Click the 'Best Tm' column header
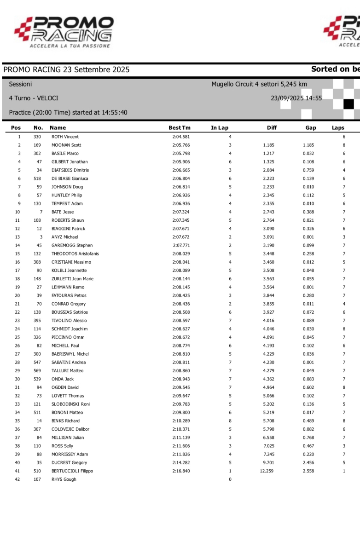point(179,128)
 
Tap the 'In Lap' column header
point(220,128)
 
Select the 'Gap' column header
point(311,128)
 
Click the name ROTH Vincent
point(65,137)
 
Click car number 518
point(37,179)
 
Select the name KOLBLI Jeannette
point(69,271)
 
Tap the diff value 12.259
point(267,471)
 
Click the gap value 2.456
point(309,462)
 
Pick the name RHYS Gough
point(64,479)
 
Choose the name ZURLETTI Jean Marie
point(72,279)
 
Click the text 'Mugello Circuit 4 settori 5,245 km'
point(259,84)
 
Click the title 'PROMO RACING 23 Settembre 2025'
point(66,70)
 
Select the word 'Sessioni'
point(20,84)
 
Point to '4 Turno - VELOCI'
point(34,98)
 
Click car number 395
point(37,321)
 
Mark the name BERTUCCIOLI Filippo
point(72,471)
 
